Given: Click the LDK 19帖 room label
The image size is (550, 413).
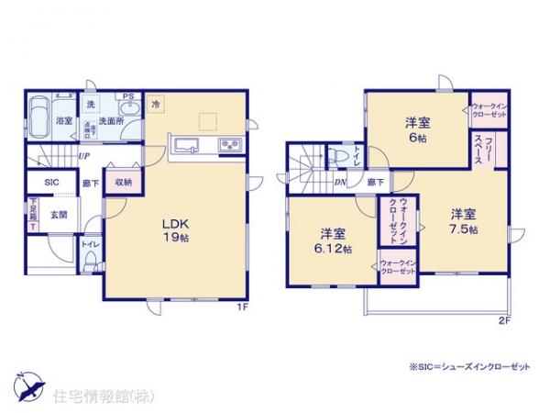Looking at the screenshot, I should point(177,229).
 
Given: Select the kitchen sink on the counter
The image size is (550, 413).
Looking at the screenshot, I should point(188,145).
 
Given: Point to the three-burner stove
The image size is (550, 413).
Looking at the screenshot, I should point(227,146).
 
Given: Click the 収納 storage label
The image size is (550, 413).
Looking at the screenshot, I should point(125,182).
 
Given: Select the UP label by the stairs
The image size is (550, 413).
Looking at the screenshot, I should point(83,156).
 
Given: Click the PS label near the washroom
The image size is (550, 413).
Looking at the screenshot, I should point(128,95).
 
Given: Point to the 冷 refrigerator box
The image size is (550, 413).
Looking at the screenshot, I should point(156,105).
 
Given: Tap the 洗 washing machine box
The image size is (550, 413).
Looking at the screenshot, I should point(91,105).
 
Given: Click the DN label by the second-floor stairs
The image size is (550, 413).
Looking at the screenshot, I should point(340,183).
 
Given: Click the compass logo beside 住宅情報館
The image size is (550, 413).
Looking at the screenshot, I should point(27,386).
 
